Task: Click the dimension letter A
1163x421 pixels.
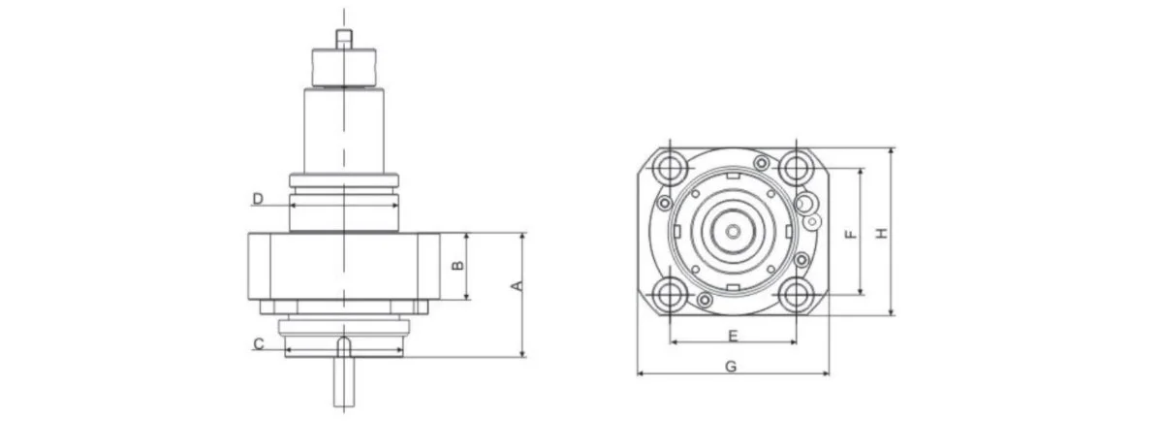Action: (x=518, y=285)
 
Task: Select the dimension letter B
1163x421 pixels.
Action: (x=460, y=264)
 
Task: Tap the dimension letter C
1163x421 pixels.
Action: (x=259, y=343)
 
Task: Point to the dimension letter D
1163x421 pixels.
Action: (x=258, y=199)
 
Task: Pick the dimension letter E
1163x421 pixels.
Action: (x=733, y=336)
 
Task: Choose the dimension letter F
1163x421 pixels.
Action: (x=850, y=233)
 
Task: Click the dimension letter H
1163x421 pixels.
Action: (x=881, y=233)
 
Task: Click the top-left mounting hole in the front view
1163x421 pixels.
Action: (x=668, y=167)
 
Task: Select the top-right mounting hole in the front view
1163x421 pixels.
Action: (x=797, y=167)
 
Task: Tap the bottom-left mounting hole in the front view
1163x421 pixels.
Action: (x=668, y=296)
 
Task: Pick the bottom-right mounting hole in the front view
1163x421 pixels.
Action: (x=797, y=296)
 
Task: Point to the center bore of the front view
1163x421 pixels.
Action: (x=733, y=232)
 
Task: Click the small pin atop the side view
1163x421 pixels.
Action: (x=343, y=38)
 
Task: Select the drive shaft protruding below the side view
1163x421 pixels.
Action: (x=343, y=382)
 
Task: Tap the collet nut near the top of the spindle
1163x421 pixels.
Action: (x=343, y=67)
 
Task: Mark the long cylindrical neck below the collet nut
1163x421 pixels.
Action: (x=343, y=131)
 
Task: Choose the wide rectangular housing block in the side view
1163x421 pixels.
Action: (x=343, y=266)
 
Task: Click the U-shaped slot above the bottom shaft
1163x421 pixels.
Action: (x=344, y=345)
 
